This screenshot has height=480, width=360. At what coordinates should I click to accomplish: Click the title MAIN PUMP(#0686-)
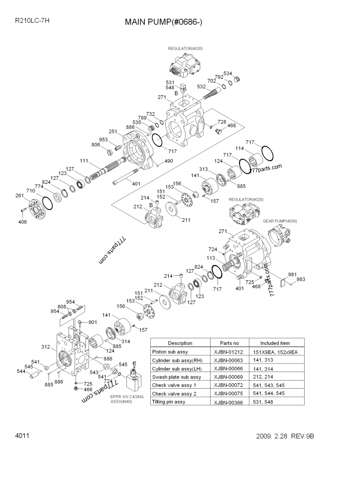click(x=163, y=22)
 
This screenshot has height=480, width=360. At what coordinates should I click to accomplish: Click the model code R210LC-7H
click(x=32, y=20)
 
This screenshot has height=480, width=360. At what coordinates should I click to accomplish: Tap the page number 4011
click(x=22, y=436)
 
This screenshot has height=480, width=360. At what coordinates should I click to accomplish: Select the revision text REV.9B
click(x=308, y=436)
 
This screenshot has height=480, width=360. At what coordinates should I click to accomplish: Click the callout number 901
click(x=92, y=322)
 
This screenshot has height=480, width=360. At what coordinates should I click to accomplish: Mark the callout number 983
click(x=301, y=279)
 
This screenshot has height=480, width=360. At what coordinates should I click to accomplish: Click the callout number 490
click(x=168, y=161)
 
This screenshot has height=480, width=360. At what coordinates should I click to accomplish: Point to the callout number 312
click(x=45, y=346)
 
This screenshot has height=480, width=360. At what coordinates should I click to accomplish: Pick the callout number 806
click(x=96, y=144)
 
